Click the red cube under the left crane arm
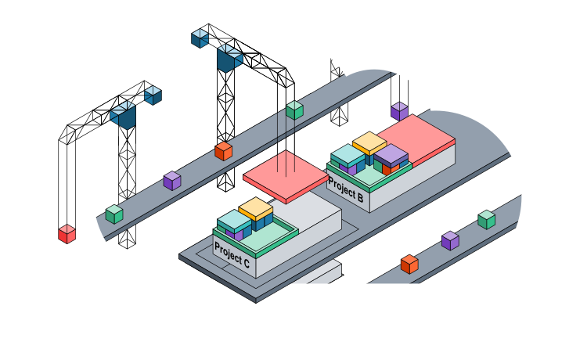pyautogui.click(x=67, y=234)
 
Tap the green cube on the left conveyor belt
pyautogui.click(x=114, y=214)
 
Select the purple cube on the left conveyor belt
pyautogui.click(x=172, y=181)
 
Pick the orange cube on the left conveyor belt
pyautogui.click(x=224, y=151)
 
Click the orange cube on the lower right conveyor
pyautogui.click(x=409, y=264)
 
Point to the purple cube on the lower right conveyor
pyautogui.click(x=450, y=240)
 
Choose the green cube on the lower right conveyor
pyautogui.click(x=487, y=220)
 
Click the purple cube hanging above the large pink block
pyautogui.click(x=400, y=110)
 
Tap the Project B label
pyautogui.click(x=345, y=190)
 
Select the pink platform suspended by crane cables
pyautogui.click(x=285, y=181)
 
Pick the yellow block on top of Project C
pyautogui.click(x=255, y=209)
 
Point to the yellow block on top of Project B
pyautogui.click(x=369, y=143)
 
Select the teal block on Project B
pyautogui.click(x=348, y=155)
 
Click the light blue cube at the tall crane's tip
pyautogui.click(x=200, y=36)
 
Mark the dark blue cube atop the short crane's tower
pyautogui.click(x=124, y=117)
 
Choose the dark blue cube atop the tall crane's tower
pyautogui.click(x=230, y=59)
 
